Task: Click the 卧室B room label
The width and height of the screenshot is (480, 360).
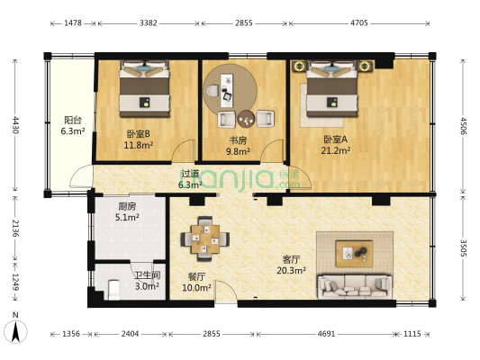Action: (139, 134)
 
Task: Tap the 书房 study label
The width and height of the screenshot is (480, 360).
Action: (238, 140)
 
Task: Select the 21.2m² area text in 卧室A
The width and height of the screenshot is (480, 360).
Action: (336, 150)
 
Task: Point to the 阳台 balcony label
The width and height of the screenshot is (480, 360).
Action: (73, 120)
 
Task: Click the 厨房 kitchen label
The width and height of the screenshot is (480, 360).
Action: (127, 207)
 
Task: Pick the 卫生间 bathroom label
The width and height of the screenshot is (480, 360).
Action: (148, 275)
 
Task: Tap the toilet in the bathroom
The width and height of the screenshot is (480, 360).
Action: (114, 290)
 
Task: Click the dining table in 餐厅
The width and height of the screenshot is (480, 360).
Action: (205, 238)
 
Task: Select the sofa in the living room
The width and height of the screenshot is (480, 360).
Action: (355, 286)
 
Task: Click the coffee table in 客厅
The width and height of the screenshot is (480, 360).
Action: (354, 254)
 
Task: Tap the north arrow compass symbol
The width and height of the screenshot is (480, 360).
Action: (15, 330)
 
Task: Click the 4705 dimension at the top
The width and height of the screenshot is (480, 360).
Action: (359, 22)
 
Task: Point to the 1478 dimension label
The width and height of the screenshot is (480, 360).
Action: (73, 22)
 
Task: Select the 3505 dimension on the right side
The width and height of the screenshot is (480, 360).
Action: (463, 247)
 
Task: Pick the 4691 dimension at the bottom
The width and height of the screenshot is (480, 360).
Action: (326, 333)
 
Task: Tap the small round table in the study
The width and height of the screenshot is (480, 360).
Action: (246, 119)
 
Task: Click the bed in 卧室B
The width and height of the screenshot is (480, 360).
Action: (144, 89)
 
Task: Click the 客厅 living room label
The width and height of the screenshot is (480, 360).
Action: (291, 260)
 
